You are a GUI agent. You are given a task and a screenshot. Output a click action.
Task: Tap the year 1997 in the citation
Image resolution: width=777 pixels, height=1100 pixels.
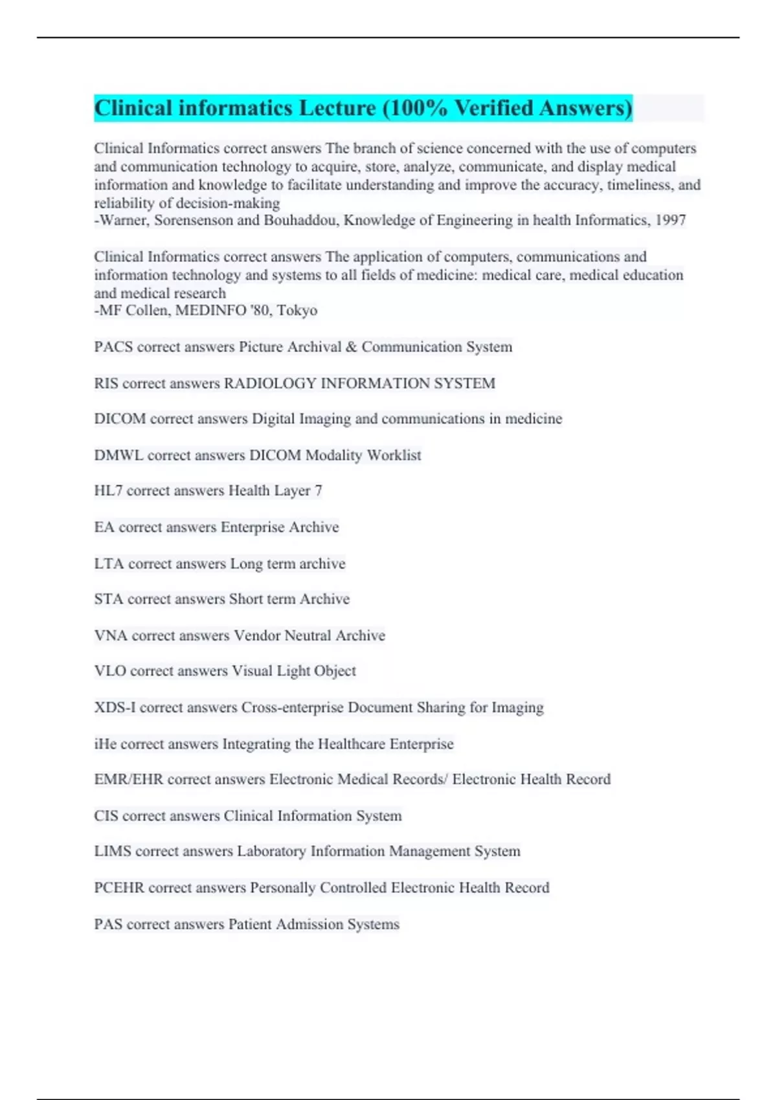click(670, 221)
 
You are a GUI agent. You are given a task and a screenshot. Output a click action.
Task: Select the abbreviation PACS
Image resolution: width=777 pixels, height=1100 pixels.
click(113, 347)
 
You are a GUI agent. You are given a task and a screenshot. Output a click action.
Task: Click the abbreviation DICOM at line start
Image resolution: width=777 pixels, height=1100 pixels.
click(120, 419)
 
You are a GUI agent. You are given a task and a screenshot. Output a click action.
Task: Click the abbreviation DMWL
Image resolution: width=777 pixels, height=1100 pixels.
click(118, 455)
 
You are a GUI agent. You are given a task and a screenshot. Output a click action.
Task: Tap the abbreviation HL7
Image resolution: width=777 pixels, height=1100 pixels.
click(108, 490)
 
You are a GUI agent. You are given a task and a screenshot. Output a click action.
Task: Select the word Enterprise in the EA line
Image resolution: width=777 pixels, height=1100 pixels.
click(252, 527)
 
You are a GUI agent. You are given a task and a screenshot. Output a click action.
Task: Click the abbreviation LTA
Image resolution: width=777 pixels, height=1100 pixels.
click(109, 564)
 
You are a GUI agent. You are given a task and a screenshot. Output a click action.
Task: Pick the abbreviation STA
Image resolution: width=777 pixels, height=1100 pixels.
click(108, 599)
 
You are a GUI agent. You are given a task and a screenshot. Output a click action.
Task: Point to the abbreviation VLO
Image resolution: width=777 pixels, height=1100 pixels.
click(110, 671)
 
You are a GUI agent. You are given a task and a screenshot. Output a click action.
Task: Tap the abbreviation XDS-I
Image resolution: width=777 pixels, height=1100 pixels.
click(115, 707)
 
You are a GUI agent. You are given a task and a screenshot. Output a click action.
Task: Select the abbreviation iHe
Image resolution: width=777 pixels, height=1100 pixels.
click(106, 744)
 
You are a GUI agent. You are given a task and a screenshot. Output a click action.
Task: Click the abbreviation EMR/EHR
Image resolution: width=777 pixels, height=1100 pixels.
click(128, 779)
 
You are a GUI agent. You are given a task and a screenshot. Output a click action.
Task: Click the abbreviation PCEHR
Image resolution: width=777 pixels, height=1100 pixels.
click(119, 888)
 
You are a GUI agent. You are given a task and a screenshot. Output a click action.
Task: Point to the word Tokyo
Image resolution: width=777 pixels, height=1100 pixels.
click(297, 311)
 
